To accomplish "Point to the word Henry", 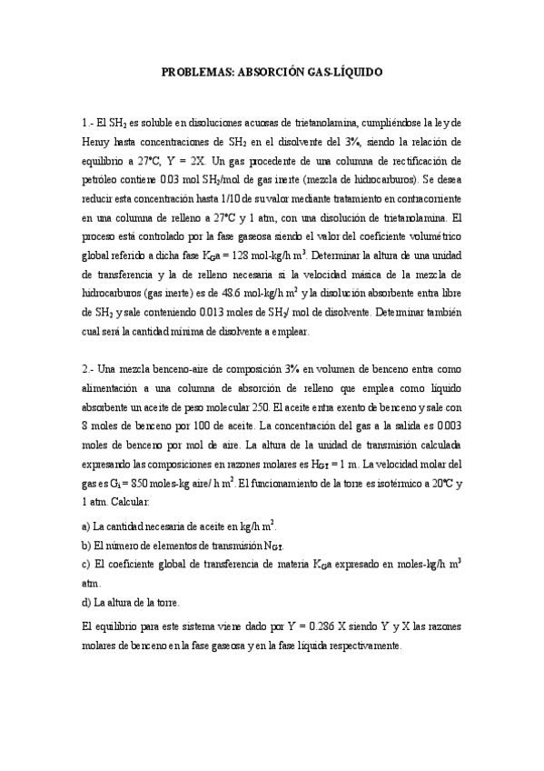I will [x=96, y=142].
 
